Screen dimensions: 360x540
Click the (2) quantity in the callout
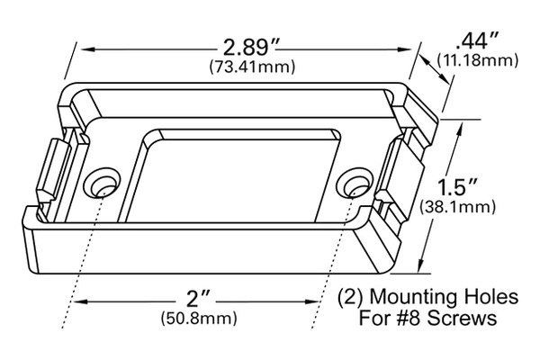(x=347, y=297)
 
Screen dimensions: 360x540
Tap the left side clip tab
(x=49, y=171)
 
